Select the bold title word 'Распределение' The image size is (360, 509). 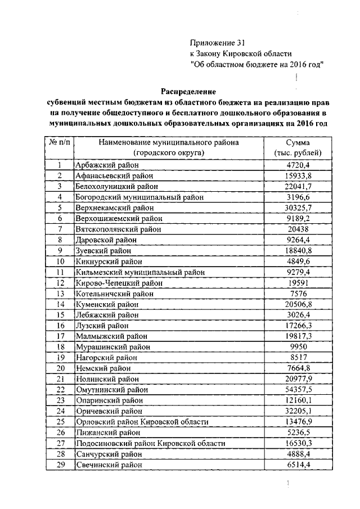(x=188, y=91)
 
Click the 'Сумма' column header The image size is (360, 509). (x=298, y=143)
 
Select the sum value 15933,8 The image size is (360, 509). (x=298, y=175)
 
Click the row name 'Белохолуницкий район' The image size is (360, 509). (x=116, y=186)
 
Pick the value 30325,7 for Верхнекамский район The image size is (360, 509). (x=298, y=208)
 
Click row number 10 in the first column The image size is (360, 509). (x=59, y=261)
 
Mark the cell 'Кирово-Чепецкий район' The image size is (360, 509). (x=117, y=282)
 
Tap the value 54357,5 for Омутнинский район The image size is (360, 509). (x=298, y=389)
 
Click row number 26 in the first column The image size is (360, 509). (x=59, y=433)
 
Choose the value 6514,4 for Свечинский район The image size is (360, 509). (x=298, y=465)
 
